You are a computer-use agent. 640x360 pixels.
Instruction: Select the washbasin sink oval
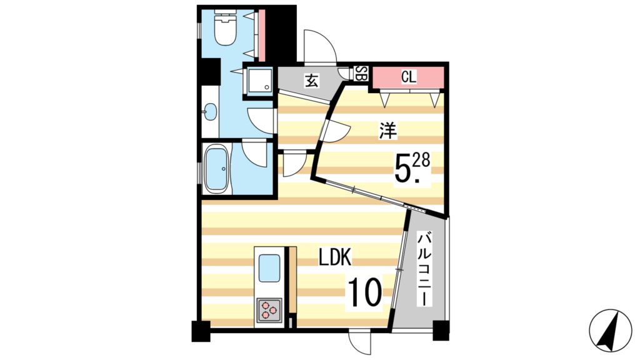(210, 113)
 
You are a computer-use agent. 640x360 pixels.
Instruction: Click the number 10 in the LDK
(364, 292)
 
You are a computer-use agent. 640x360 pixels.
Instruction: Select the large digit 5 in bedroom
(402, 168)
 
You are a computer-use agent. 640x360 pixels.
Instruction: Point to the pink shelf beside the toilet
(262, 31)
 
